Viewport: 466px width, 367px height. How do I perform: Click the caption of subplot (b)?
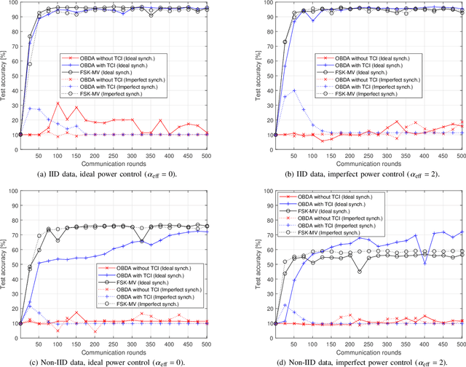pyautogui.click(x=349, y=173)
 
